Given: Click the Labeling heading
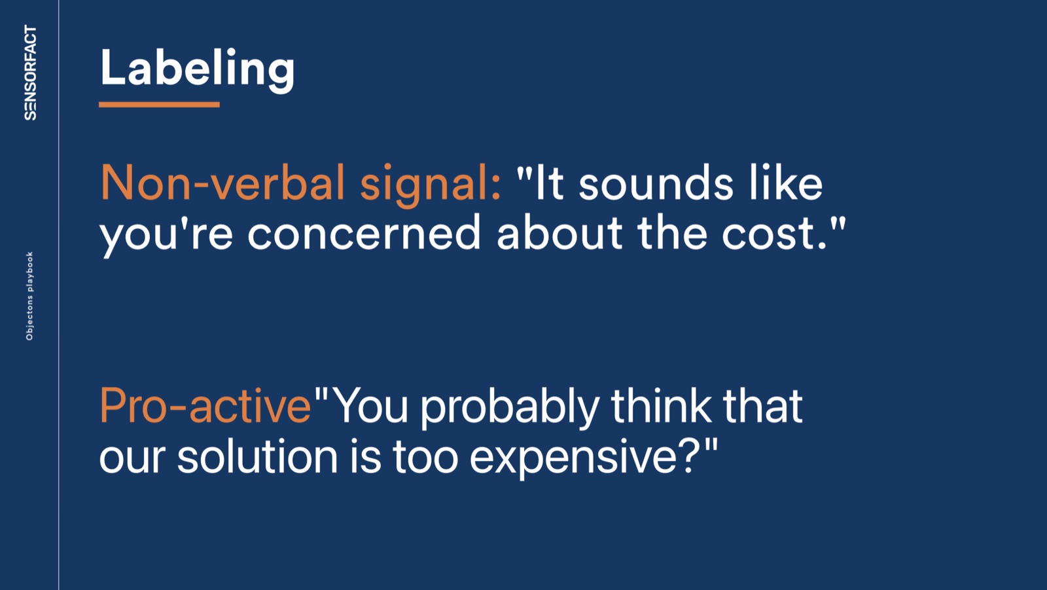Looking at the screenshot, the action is pos(197,69).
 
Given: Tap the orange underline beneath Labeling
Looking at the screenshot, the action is pos(160,105).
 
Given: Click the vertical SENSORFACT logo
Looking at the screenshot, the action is pos(30,73).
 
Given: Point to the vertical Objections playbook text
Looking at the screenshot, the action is pos(29,296).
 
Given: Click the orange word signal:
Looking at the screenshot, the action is pos(431,185).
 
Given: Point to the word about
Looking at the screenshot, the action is pos(559,232).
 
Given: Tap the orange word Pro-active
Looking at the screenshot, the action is pos(205,405).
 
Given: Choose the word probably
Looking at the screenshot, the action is pos(510,409).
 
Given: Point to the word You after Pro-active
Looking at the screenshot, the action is pos(372,405).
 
